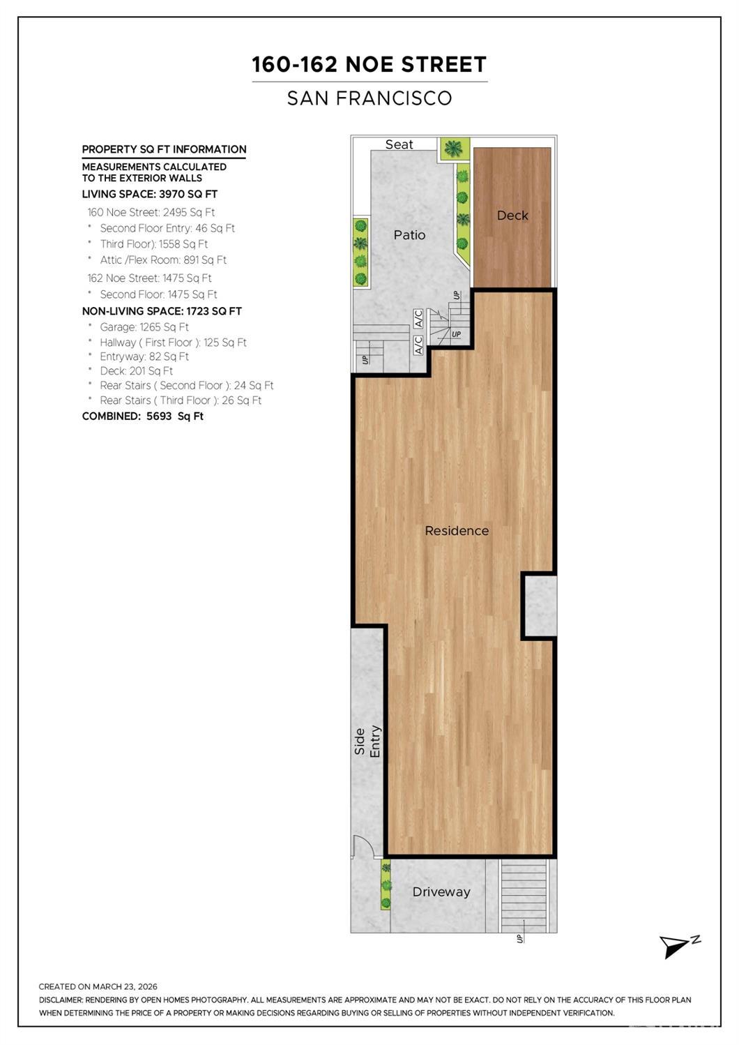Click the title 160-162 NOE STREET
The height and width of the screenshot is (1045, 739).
pos(369,64)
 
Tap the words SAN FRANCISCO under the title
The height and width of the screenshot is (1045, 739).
pos(369,98)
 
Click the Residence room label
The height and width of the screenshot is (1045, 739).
pos(457,531)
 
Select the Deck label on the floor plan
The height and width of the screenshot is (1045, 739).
pos(512,216)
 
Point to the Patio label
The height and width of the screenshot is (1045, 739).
pos(409,234)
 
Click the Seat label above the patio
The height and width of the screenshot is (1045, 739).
pos(399,144)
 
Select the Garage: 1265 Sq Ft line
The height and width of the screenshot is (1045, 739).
pos(144,327)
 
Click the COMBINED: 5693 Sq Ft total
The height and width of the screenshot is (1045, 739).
pos(143,416)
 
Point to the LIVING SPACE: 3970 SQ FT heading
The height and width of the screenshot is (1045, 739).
pos(150,194)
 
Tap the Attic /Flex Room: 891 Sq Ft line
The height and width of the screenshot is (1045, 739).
pos(163,260)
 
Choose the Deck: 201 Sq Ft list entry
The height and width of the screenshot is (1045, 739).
pos(136,371)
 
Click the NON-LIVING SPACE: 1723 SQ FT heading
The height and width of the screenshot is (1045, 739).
pos(162,311)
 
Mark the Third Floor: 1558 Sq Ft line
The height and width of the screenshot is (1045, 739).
pos(154,244)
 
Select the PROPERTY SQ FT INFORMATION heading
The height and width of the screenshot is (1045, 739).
pos(164,150)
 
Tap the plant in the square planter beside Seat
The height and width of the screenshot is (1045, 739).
pos(453,149)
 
